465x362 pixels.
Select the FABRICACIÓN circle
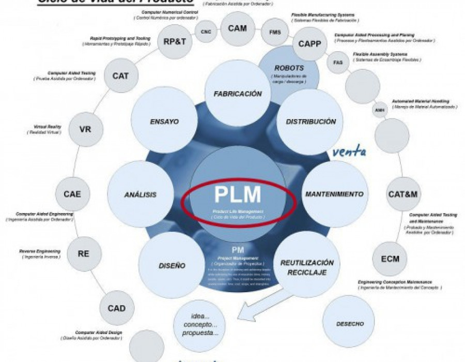pos(238,94)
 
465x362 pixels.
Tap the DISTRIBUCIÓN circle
pos(311,122)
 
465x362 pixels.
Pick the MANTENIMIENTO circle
pos(334,194)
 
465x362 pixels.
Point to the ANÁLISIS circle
pos(140,195)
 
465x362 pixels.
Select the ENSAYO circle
pos(164,122)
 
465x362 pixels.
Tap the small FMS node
pos(275,32)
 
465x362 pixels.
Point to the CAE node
pos(72,194)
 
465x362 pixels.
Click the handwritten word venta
pos(349,152)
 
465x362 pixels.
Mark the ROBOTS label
pos(289,68)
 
